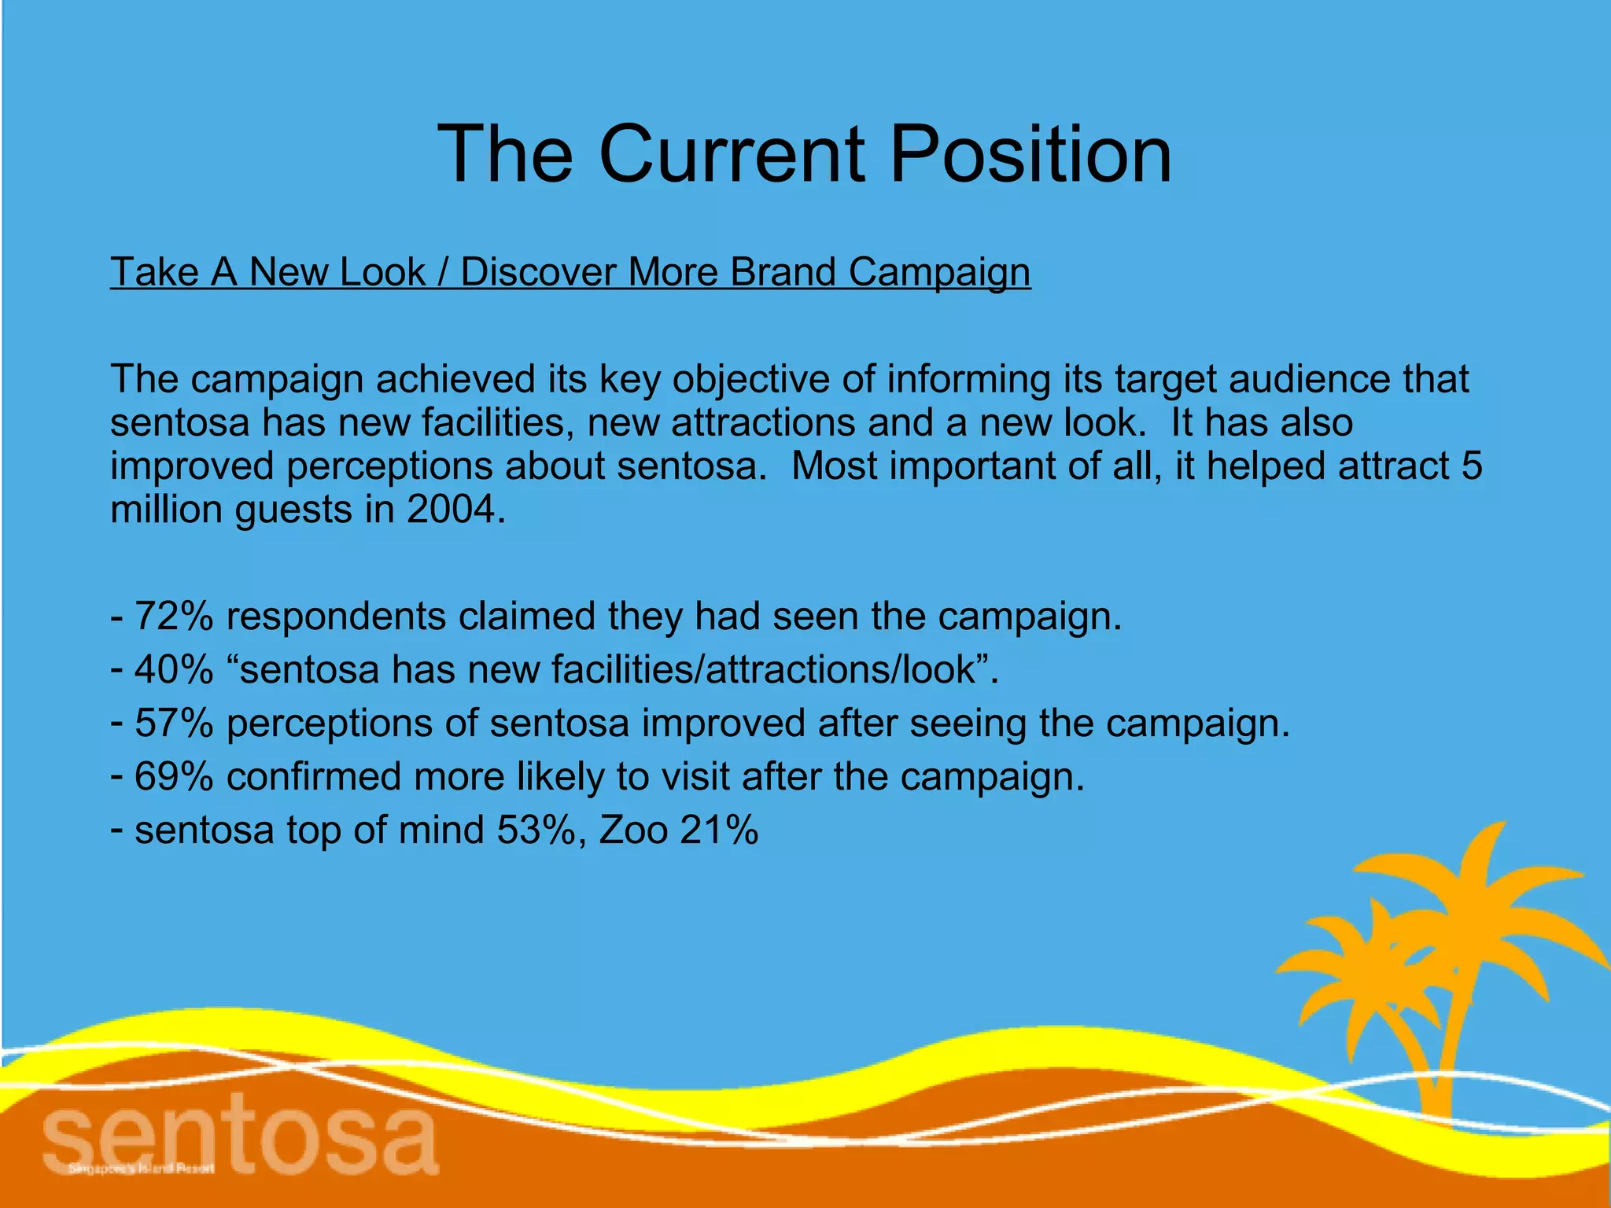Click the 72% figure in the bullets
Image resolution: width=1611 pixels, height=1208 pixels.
174,616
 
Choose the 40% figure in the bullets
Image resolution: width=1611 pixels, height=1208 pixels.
174,669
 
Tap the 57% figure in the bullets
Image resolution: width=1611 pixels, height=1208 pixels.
174,723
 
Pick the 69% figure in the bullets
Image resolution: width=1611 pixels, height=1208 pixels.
174,776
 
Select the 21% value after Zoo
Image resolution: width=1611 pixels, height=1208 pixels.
719,830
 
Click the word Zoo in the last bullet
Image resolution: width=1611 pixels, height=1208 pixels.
633,830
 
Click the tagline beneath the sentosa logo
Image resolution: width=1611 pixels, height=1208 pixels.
142,1169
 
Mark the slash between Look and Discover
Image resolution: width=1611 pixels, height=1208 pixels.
443,272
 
